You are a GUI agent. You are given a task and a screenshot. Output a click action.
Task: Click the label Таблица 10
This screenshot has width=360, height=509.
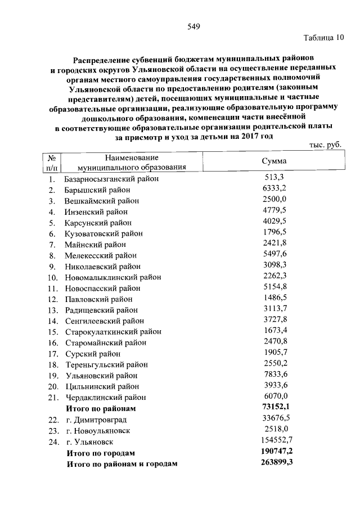click(323, 39)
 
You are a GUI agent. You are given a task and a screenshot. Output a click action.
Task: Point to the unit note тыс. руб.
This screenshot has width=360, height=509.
click(326, 145)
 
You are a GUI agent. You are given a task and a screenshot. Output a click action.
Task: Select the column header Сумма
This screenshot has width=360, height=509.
click(274, 161)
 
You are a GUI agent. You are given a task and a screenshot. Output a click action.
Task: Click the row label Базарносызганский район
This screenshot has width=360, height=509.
click(112, 179)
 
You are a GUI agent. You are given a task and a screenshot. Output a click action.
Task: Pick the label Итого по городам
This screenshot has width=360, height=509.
click(101, 452)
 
